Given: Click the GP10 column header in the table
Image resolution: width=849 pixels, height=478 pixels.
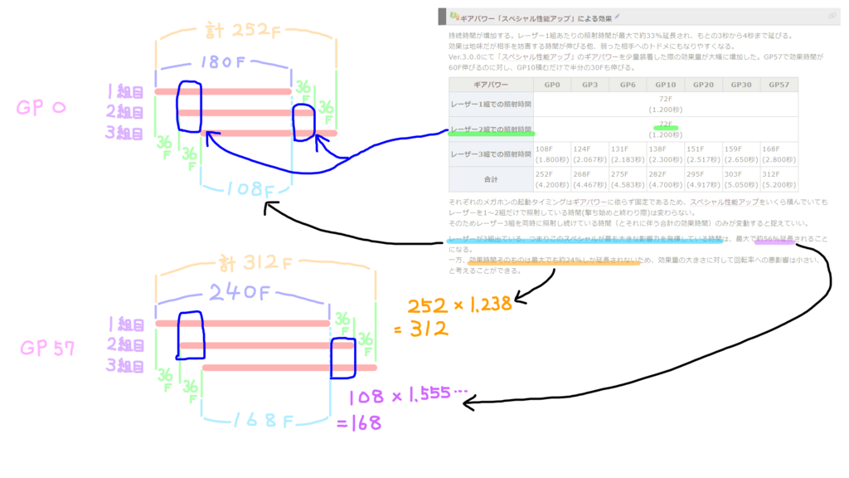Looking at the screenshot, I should point(666,85).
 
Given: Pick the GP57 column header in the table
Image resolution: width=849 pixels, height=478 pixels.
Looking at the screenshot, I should point(779,85).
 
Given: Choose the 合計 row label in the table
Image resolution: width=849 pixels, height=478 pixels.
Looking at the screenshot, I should point(491,178).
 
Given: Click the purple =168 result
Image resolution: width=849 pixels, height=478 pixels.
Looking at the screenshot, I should point(360,423).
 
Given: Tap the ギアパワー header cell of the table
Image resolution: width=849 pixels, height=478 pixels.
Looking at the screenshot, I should point(491,85).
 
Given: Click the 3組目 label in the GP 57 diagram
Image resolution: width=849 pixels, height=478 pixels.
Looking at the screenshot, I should point(126,366).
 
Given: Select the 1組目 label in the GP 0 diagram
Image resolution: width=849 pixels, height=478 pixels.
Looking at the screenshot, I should point(126,90).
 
